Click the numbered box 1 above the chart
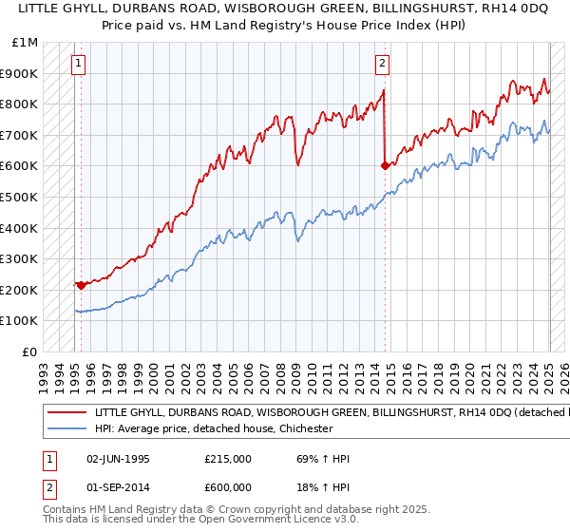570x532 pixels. [78, 65]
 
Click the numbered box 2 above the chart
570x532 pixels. [382, 65]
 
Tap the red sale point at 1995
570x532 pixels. [81, 284]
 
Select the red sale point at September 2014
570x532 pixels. [385, 165]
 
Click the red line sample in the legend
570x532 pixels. [66, 414]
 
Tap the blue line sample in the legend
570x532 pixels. [66, 429]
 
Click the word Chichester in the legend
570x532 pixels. [303, 429]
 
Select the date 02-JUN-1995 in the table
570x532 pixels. [118, 459]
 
